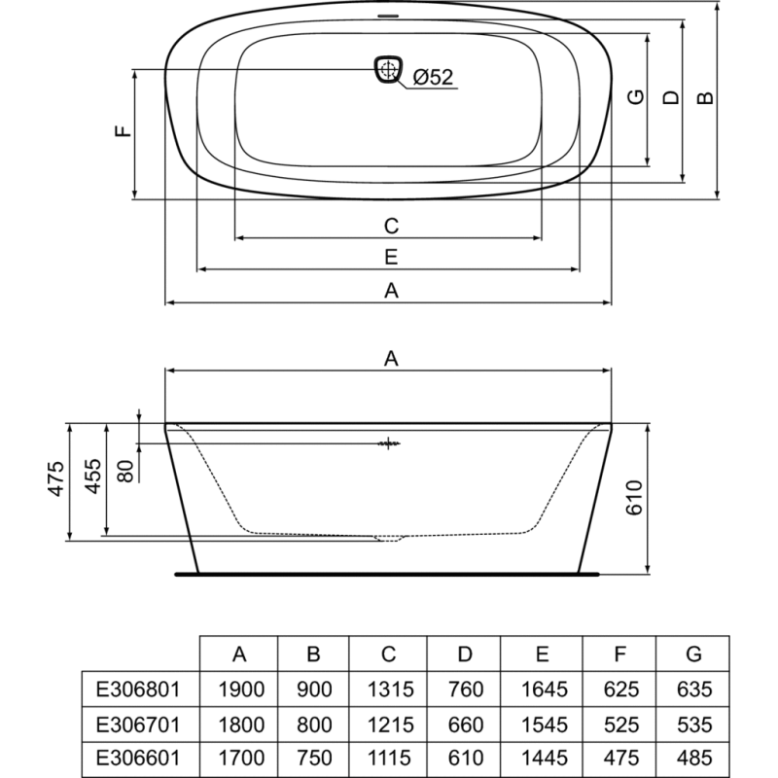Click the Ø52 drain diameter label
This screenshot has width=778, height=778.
(433, 77)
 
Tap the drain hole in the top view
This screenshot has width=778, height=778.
(388, 68)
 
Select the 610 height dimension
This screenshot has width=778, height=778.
(635, 498)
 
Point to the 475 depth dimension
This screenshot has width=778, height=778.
(56, 478)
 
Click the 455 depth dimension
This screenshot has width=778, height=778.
(93, 477)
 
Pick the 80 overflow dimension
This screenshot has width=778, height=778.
(126, 472)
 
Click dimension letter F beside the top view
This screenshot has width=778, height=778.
(124, 131)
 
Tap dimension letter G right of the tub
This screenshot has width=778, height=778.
(636, 96)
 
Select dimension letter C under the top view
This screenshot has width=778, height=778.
(392, 226)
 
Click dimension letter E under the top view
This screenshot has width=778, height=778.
(391, 257)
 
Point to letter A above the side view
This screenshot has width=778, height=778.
(391, 358)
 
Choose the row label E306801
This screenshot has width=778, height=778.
(138, 690)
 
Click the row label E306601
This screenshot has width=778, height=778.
(138, 758)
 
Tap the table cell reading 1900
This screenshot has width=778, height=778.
(241, 690)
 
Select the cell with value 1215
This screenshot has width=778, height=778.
(391, 725)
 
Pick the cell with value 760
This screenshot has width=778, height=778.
(466, 690)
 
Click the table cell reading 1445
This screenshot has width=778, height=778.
(545, 758)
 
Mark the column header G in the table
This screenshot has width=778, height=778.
(693, 654)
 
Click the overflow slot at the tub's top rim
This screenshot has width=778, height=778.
(388, 16)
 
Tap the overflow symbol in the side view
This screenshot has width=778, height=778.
(389, 443)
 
